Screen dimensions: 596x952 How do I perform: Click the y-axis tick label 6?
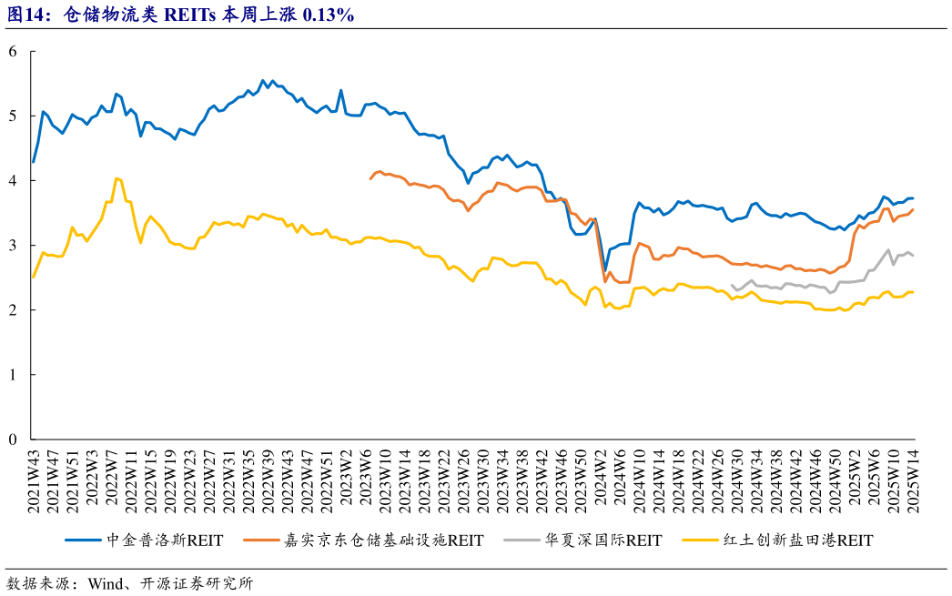(13, 52)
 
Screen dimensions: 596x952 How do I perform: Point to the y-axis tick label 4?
(13, 181)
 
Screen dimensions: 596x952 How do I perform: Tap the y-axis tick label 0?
(13, 439)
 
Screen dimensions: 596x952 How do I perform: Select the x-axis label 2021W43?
(34, 481)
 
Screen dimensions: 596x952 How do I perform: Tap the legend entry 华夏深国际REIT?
(601, 540)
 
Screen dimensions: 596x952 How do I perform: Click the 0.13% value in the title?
(327, 15)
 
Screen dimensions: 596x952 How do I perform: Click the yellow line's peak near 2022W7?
(116, 178)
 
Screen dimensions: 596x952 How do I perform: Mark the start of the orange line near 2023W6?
(370, 178)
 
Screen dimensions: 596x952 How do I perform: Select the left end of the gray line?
(732, 285)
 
